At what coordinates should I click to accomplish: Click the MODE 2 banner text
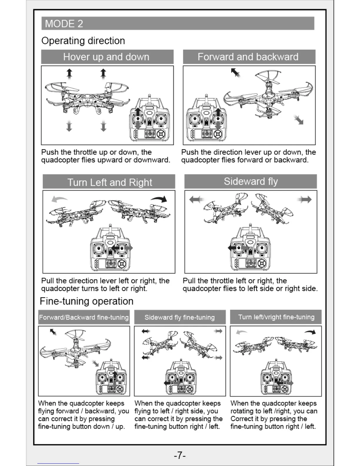[x=64, y=24]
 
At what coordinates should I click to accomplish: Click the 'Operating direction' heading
[x=83, y=41]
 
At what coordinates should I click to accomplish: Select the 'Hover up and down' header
[x=106, y=57]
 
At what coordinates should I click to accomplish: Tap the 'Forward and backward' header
[x=248, y=57]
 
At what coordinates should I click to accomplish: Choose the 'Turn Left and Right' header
[x=110, y=182]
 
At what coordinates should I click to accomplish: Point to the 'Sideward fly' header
[x=251, y=181]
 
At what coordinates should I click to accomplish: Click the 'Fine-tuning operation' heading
[x=86, y=301]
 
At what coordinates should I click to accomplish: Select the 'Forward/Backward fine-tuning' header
[x=84, y=317]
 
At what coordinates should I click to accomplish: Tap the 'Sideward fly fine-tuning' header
[x=179, y=317]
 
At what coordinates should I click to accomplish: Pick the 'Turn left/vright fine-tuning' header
[x=276, y=317]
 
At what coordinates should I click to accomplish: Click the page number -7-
[x=180, y=455]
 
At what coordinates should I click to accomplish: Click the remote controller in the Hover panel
[x=149, y=121]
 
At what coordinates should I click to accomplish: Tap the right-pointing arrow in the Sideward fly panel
[x=304, y=200]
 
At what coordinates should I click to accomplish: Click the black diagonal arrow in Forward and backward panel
[x=235, y=72]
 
